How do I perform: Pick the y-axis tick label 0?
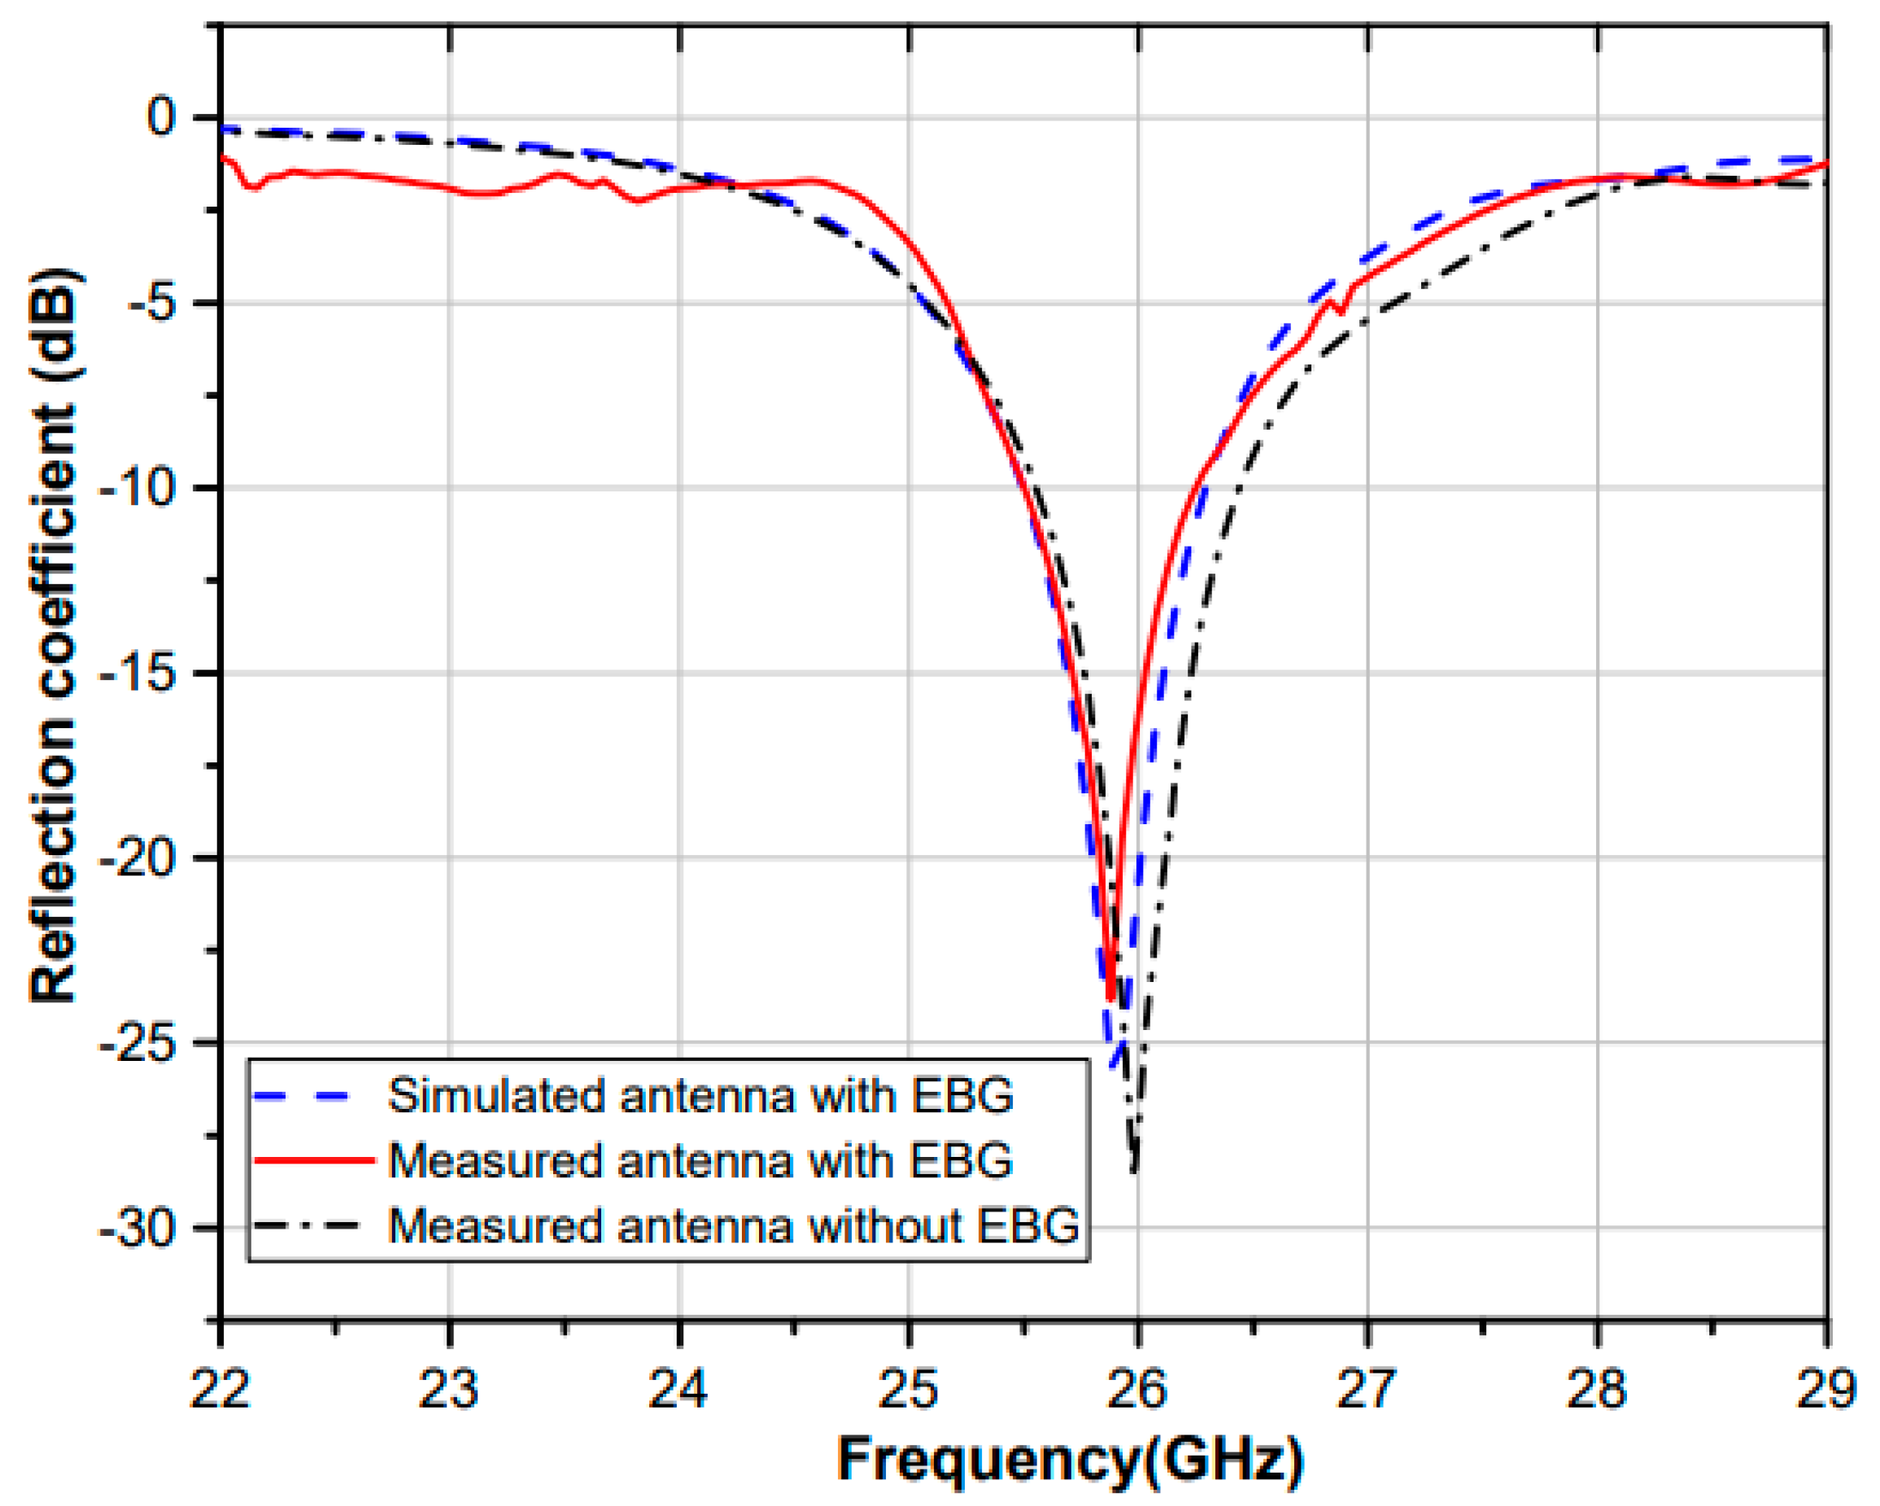[161, 117]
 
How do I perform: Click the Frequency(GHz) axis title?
[1071, 1459]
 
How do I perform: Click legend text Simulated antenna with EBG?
[700, 1095]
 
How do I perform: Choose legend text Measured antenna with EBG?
[700, 1161]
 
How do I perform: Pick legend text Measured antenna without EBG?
[733, 1225]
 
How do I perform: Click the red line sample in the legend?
[314, 1161]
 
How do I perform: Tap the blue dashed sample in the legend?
[305, 1096]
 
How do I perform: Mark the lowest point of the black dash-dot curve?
[1133, 1171]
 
